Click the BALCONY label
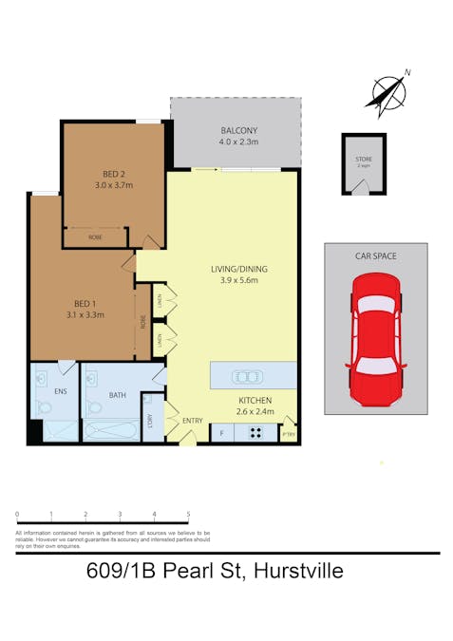238,130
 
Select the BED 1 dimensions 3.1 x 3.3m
85,314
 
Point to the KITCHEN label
255,400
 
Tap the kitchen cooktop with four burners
255,434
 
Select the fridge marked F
221,434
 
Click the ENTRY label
193,421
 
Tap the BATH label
118,394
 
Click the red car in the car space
375,338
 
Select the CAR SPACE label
375,256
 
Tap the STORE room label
364,159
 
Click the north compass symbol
389,91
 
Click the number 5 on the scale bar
188,514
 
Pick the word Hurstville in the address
293,571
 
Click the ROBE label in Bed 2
95,236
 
